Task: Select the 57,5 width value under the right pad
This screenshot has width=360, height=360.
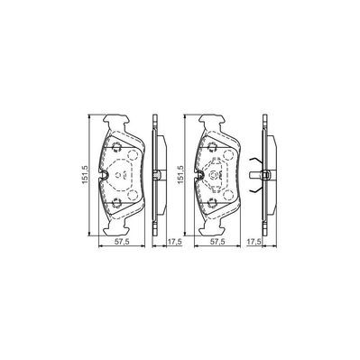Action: (x=219, y=243)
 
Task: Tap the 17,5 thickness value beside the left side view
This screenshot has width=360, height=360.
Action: (x=163, y=243)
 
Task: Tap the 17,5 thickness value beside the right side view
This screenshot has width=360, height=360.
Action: (x=263, y=243)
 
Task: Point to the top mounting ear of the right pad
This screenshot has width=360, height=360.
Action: (x=217, y=121)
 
